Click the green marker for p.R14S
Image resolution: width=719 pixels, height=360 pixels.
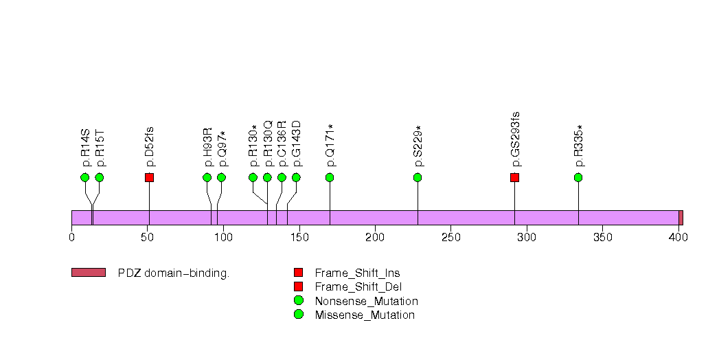click(84, 177)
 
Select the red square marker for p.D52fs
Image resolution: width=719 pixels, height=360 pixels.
click(149, 177)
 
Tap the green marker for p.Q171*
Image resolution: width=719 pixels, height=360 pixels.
click(330, 177)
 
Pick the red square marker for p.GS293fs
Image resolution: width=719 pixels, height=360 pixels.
click(514, 177)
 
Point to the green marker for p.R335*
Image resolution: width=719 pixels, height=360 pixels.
click(578, 177)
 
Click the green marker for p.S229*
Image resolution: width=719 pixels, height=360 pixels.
click(418, 177)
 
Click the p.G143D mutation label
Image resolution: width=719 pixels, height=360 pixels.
click(297, 144)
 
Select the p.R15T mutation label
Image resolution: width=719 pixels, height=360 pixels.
click(100, 148)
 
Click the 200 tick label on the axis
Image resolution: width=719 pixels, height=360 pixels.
click(374, 238)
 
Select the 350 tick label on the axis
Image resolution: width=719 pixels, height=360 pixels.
click(602, 238)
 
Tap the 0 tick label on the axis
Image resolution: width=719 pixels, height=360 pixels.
click(71, 238)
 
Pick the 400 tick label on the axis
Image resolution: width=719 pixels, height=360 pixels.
click(678, 238)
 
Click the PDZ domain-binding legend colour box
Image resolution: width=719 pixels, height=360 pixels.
click(88, 273)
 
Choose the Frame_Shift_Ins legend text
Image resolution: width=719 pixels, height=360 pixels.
click(358, 273)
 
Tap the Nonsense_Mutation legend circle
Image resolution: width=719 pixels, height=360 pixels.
click(298, 301)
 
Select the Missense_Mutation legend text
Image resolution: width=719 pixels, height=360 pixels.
click(365, 315)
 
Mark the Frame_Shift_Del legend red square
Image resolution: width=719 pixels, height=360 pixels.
click(298, 286)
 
